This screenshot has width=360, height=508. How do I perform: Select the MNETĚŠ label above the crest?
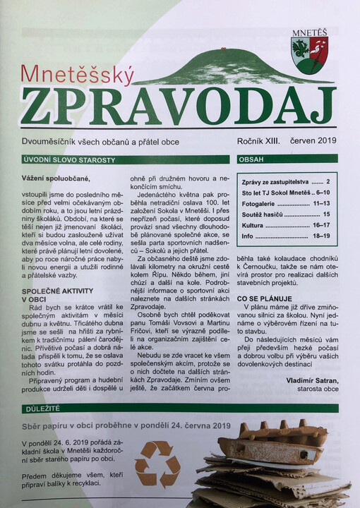point(309,32)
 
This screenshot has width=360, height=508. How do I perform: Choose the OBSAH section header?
point(251,160)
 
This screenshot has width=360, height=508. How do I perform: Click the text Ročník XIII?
point(258,142)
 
